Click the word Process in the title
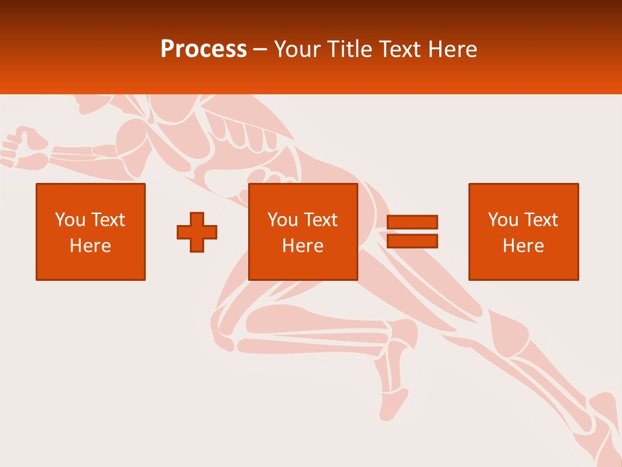203,49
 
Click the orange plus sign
197,232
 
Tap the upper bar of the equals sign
412,222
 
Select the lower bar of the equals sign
412,241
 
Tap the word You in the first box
70,220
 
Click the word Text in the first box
108,220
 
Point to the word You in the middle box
282,220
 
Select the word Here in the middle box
303,246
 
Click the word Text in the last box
540,220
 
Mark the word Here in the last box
524,246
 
